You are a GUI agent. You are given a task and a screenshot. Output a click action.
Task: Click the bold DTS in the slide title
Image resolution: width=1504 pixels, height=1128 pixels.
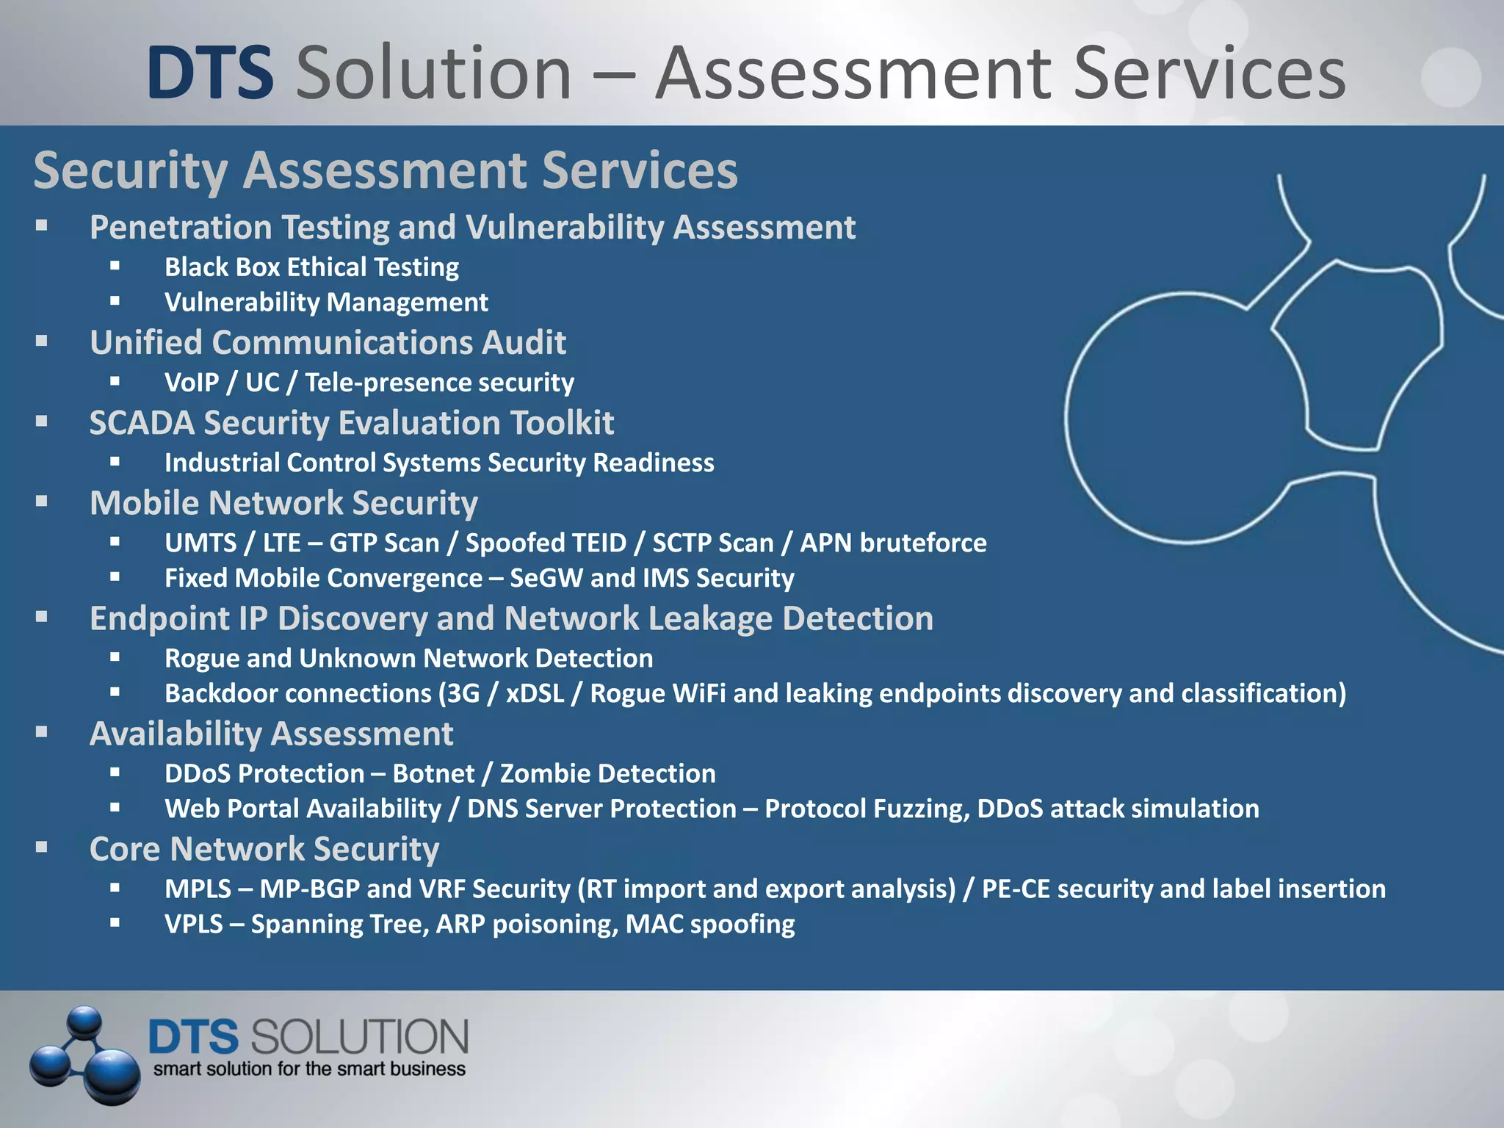211,73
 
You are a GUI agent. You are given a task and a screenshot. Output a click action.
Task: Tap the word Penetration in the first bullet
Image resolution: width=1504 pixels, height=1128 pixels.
181,228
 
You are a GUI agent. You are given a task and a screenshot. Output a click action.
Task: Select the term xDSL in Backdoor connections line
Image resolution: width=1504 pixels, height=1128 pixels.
535,694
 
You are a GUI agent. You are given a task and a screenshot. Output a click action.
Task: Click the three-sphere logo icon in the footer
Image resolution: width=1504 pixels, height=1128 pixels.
84,1055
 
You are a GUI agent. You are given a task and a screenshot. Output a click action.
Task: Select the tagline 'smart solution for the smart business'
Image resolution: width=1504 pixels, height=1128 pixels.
309,1069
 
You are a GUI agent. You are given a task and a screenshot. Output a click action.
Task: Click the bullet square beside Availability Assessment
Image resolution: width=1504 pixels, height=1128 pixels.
42,732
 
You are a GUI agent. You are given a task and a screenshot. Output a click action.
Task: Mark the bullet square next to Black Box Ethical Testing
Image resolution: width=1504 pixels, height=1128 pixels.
115,266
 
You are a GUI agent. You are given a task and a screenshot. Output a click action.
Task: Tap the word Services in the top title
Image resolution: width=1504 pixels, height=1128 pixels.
1209,73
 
